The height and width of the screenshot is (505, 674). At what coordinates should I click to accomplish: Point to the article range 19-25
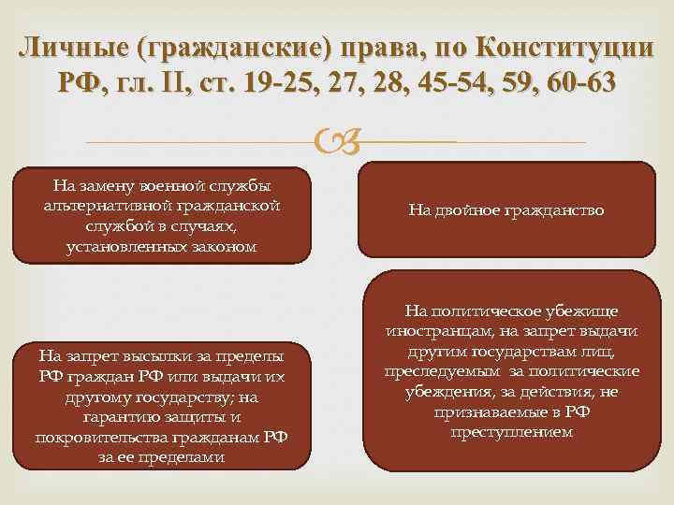276,83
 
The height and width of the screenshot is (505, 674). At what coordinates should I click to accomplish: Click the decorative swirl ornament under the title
338,141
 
